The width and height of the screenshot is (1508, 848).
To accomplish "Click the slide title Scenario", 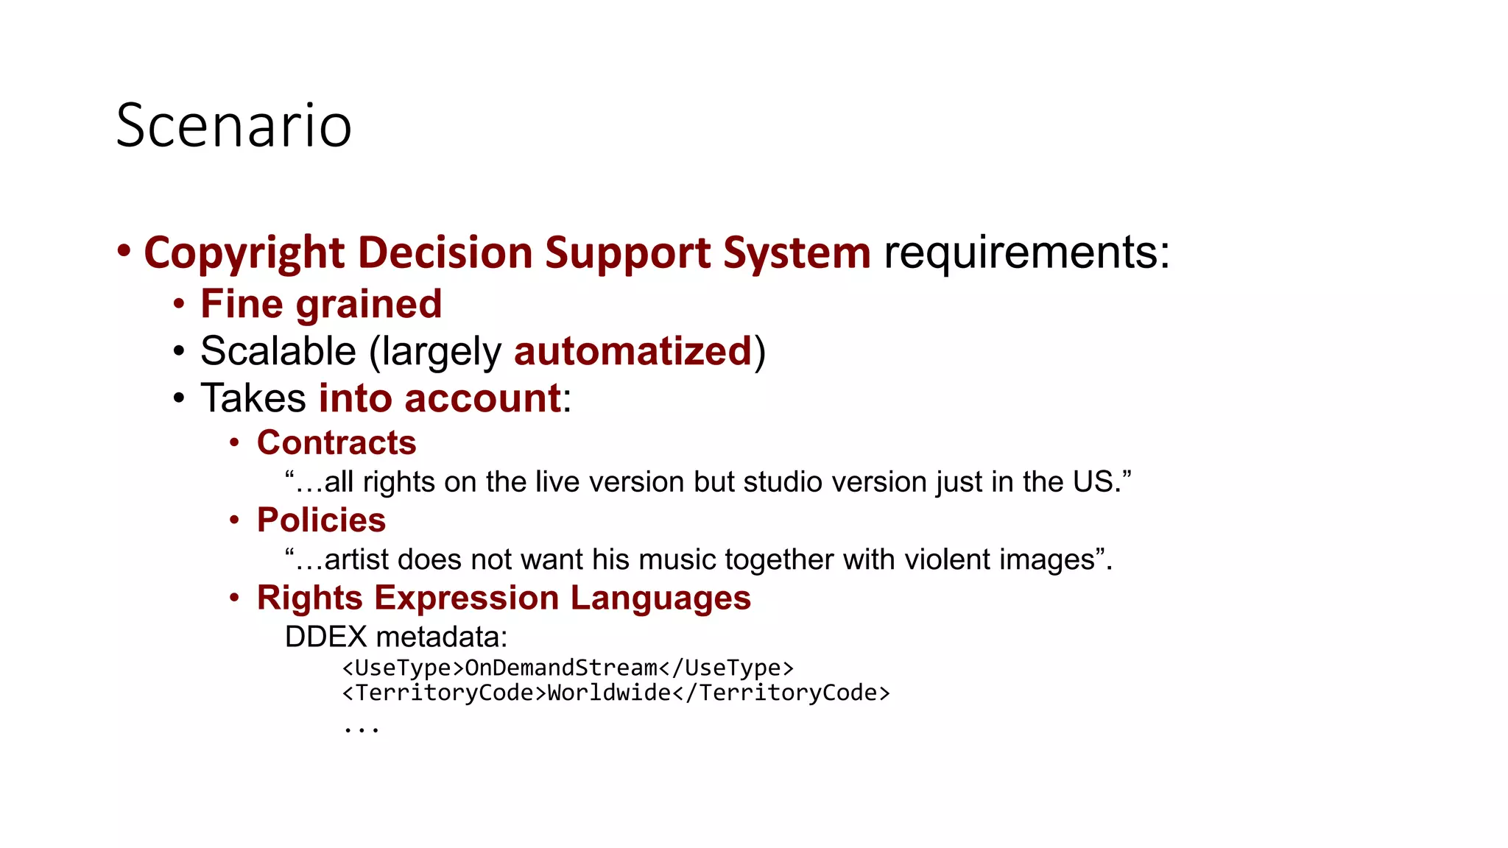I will (233, 126).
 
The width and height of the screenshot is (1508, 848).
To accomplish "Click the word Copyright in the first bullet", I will (244, 253).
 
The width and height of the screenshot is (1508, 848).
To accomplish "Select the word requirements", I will (1026, 253).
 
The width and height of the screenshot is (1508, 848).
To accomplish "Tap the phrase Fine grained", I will (321, 304).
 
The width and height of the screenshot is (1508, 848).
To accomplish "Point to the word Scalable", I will (278, 351).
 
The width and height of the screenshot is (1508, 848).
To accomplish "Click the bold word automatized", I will (633, 351).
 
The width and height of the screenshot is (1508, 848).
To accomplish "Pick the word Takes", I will (253, 398).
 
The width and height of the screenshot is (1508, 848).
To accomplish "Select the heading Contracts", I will (337, 442).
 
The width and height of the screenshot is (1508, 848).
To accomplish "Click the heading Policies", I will (321, 520).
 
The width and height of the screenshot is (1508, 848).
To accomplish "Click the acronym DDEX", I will (325, 637).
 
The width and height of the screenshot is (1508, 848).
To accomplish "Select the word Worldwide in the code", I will (610, 693).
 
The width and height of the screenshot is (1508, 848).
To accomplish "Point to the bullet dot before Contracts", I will (234, 442).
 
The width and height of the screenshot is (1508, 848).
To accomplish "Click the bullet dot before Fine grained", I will (178, 304).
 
